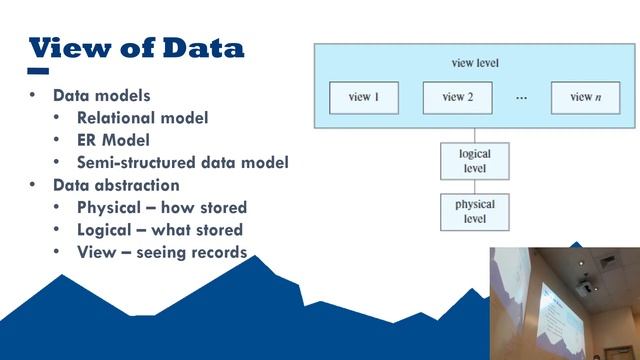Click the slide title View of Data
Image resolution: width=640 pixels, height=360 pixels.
pyautogui.click(x=136, y=47)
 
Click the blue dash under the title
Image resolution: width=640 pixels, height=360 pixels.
pyautogui.click(x=38, y=72)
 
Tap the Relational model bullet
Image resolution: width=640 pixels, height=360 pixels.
pyautogui.click(x=142, y=118)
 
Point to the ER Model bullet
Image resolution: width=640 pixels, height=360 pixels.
pyautogui.click(x=113, y=140)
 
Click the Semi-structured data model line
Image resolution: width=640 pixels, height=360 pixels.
pyautogui.click(x=182, y=162)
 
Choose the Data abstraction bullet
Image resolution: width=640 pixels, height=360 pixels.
pyautogui.click(x=116, y=185)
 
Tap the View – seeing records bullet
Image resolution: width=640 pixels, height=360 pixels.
pyautogui.click(x=161, y=252)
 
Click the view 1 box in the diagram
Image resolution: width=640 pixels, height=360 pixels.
pyautogui.click(x=363, y=97)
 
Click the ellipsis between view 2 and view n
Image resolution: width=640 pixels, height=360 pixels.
pyautogui.click(x=521, y=98)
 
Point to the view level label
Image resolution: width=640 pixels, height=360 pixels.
pyautogui.click(x=475, y=63)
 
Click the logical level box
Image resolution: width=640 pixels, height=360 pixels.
pyautogui.click(x=475, y=162)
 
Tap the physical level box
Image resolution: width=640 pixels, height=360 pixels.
pyautogui.click(x=475, y=211)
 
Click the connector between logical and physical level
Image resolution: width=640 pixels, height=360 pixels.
pyautogui.click(x=475, y=187)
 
